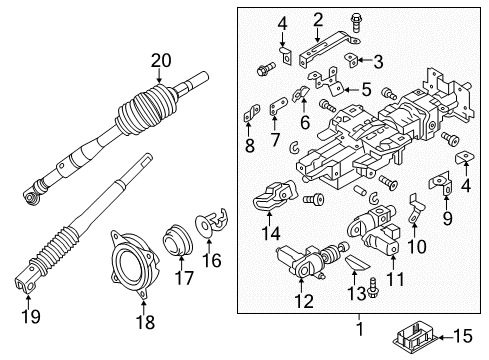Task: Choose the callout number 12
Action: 303,300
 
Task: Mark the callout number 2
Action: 317,18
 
